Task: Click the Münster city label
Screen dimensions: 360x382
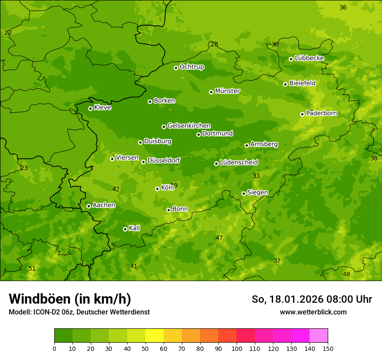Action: tap(227, 91)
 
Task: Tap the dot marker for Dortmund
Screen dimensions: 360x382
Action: tap(198, 134)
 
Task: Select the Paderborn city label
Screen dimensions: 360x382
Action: tap(321, 113)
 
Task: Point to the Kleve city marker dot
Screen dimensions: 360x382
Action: tap(90, 108)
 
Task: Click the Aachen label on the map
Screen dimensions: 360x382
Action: tap(104, 205)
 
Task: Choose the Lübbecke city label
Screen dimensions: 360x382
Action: tap(309, 58)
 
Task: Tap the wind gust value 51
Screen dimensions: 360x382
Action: tap(32, 268)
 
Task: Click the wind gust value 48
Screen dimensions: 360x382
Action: tap(346, 274)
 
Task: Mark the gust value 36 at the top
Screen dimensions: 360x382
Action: tap(343, 7)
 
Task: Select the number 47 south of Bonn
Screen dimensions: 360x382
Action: tap(219, 238)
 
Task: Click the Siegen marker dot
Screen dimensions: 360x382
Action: tap(244, 193)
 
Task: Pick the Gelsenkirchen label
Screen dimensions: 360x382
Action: tap(189, 126)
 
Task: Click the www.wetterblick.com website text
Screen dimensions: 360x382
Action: tap(313, 312)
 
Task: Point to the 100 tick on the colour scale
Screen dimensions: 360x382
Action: tap(237, 348)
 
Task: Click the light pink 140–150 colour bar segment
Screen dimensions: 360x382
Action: tap(319, 336)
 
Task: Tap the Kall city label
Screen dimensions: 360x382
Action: tap(134, 228)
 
